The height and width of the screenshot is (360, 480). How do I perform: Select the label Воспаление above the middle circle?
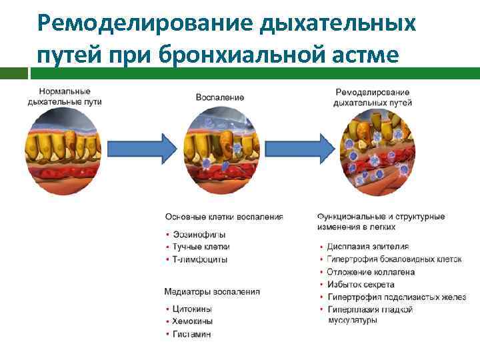219,97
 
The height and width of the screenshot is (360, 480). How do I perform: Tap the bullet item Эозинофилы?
199,235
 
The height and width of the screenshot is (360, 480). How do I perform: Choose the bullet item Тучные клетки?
201,247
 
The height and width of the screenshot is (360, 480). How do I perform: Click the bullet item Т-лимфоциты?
200,259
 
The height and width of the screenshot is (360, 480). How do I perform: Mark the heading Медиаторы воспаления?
212,292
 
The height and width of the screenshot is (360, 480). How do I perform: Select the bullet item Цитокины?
193,309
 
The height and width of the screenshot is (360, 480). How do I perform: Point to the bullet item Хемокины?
193,321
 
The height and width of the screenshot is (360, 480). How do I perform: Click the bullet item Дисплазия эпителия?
367,247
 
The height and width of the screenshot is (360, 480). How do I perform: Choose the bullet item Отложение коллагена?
371,272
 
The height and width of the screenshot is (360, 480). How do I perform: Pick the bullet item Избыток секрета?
361,285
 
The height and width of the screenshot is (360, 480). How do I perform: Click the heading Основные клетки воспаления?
224,217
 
